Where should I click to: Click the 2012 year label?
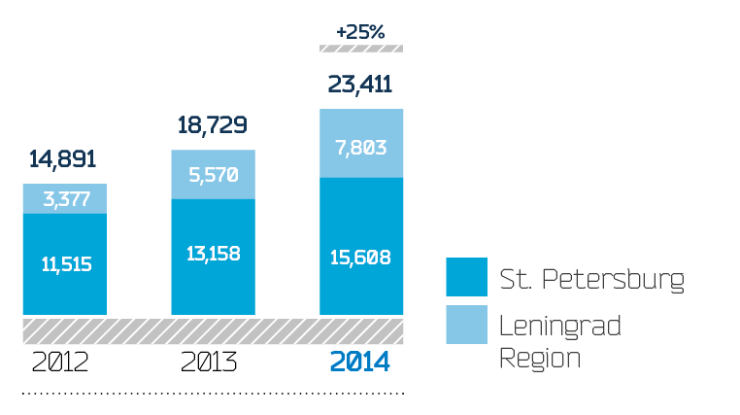(60, 363)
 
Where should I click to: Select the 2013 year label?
(210, 363)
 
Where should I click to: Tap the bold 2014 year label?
(360, 363)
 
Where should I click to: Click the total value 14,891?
(62, 159)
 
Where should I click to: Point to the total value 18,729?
(212, 125)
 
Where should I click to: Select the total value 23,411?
(360, 85)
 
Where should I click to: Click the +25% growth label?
(360, 32)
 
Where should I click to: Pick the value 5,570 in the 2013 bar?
(214, 175)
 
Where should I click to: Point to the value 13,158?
(214, 255)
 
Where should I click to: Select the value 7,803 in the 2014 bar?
(361, 148)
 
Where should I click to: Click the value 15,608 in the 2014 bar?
(361, 258)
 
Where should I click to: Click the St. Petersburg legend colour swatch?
(465, 277)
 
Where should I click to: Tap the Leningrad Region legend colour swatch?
(465, 325)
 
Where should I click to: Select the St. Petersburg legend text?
(592, 280)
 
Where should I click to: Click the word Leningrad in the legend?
(559, 326)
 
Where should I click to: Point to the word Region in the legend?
(540, 357)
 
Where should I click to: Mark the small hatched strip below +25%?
(361, 48)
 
